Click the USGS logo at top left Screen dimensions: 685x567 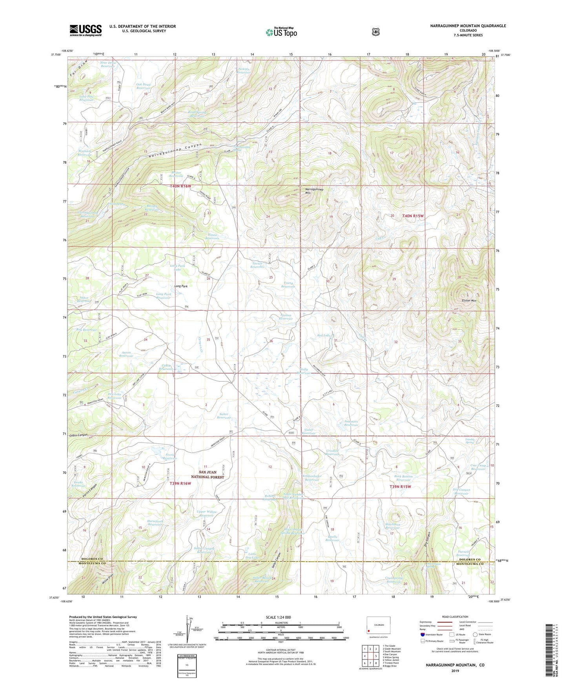click(x=86, y=30)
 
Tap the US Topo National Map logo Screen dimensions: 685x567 click(x=281, y=32)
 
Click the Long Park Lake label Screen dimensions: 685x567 click(x=178, y=268)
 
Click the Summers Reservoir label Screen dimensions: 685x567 click(x=351, y=423)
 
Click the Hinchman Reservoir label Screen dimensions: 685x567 click(x=392, y=526)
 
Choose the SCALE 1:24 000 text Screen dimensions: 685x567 click(x=278, y=617)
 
